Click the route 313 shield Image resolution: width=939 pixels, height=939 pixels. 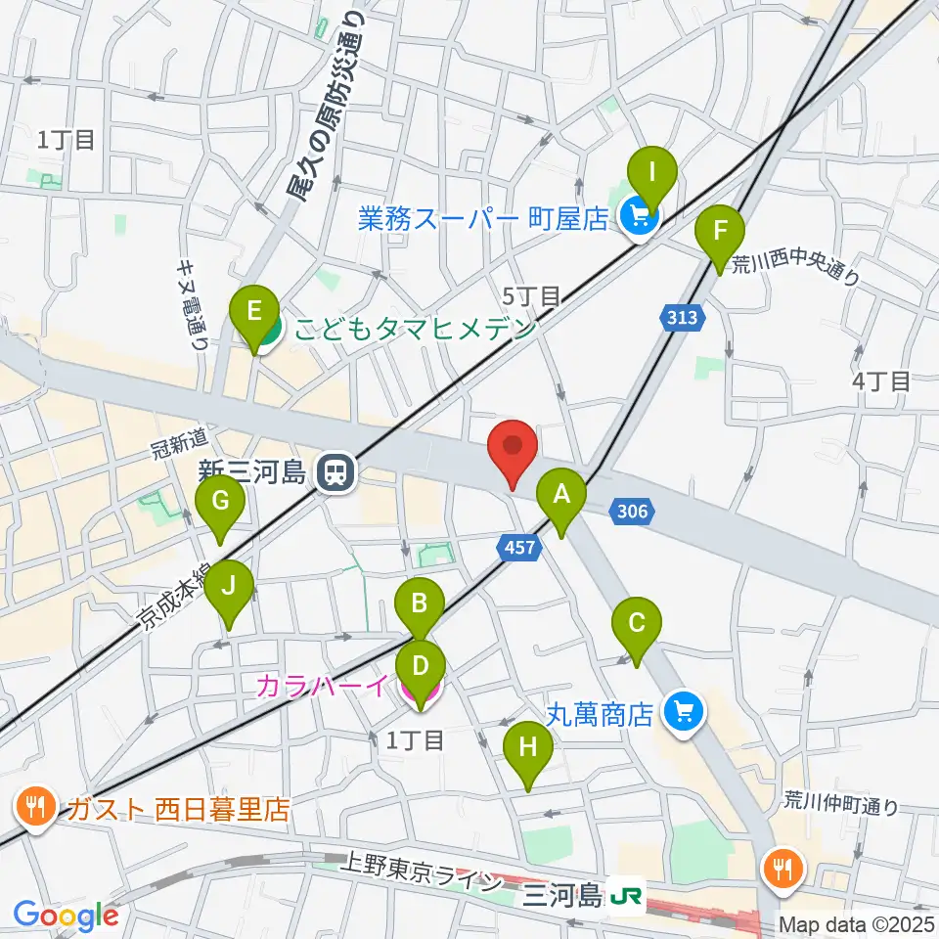[682, 317]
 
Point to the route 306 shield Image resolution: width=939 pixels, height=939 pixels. [631, 510]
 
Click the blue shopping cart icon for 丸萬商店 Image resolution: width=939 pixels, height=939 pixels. [683, 711]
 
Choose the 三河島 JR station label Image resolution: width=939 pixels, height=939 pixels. [563, 894]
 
